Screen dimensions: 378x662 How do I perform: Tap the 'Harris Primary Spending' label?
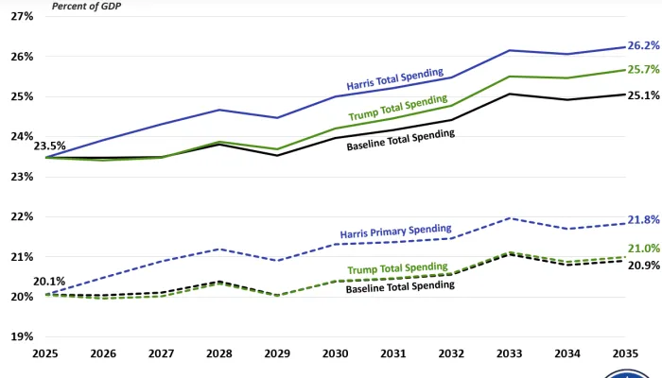pos(395,231)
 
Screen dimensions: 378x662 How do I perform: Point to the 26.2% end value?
pos(643,45)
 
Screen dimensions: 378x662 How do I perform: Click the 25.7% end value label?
pos(643,70)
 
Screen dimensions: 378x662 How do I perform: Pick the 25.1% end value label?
pos(643,95)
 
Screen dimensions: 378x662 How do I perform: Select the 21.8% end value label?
pos(643,219)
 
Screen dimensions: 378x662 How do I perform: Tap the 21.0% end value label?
pos(643,249)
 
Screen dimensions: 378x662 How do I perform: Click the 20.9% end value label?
pos(643,266)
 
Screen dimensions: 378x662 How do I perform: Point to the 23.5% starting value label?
pos(49,146)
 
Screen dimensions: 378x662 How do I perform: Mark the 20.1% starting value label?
pos(49,282)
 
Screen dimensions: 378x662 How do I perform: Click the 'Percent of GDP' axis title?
pos(87,6)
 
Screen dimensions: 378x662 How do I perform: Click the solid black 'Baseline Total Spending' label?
pos(401,140)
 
